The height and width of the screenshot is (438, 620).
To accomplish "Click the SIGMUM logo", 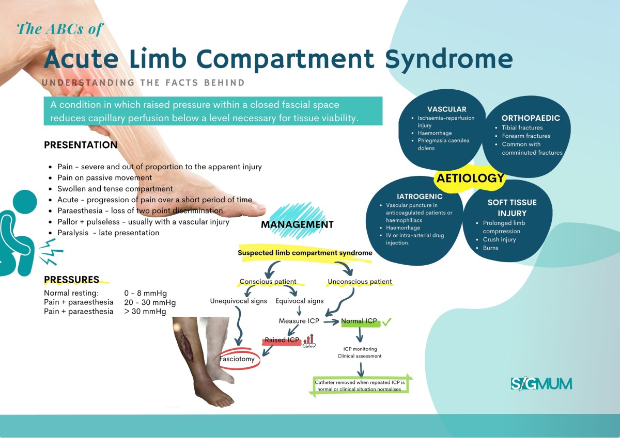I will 541,383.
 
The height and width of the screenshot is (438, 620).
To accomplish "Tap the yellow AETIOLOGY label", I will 470,179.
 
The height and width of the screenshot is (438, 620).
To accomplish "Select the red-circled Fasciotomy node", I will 237,359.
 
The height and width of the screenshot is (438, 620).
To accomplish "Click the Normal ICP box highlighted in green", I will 359,321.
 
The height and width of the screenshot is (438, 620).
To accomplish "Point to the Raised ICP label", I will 282,340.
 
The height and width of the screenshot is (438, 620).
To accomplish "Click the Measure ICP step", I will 299,321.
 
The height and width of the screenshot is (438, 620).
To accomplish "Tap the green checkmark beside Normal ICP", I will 386,321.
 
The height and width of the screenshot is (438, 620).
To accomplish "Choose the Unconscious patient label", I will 360,282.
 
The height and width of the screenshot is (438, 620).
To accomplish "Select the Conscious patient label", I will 268,282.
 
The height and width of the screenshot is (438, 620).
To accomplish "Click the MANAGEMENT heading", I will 297,224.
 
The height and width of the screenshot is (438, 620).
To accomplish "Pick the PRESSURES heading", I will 71,280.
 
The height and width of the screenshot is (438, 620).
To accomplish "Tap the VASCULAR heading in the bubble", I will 446,109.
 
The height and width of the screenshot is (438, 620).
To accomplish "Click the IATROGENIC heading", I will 419,197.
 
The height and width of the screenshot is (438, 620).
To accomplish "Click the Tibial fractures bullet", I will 522,127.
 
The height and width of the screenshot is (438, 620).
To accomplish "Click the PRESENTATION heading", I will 81,145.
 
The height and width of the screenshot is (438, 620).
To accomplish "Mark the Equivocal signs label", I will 300,301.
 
